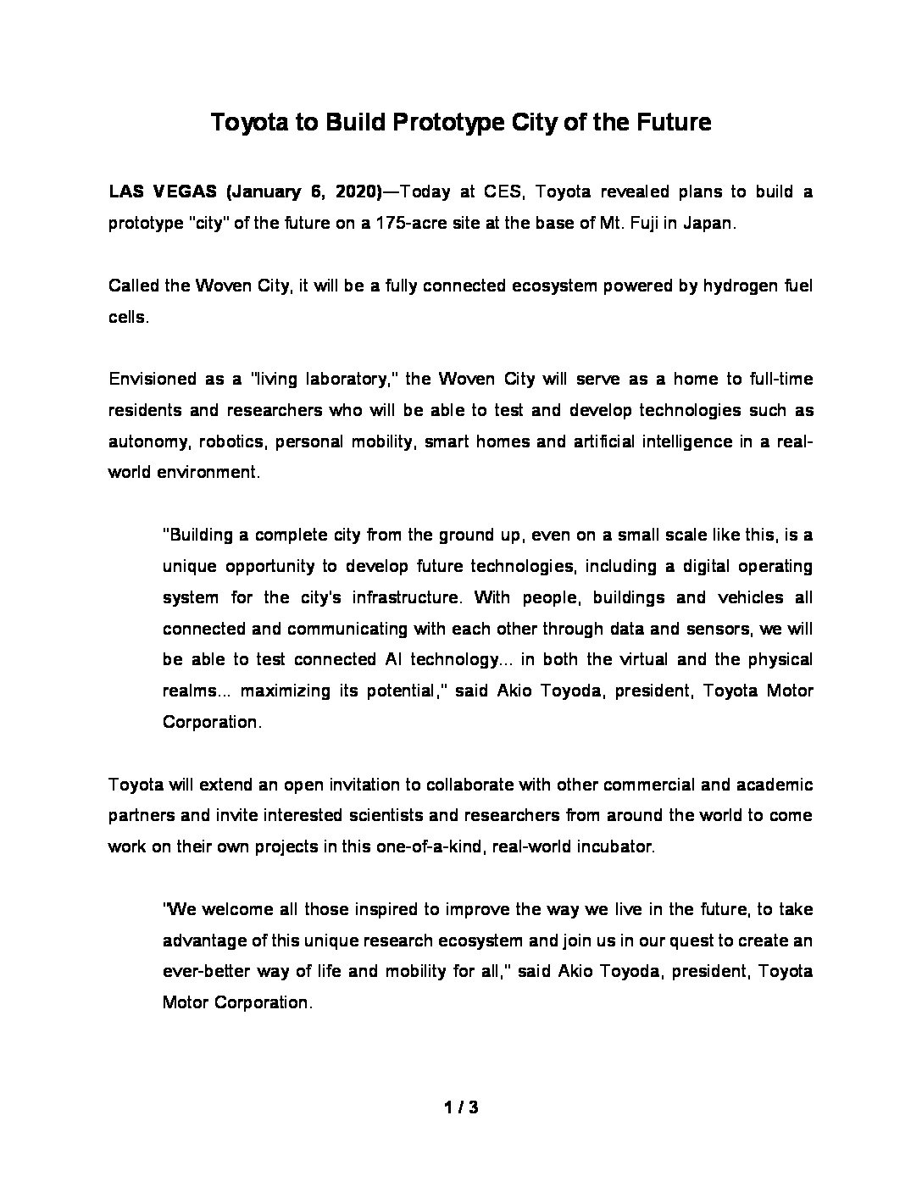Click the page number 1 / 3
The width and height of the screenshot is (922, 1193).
[461, 1107]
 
